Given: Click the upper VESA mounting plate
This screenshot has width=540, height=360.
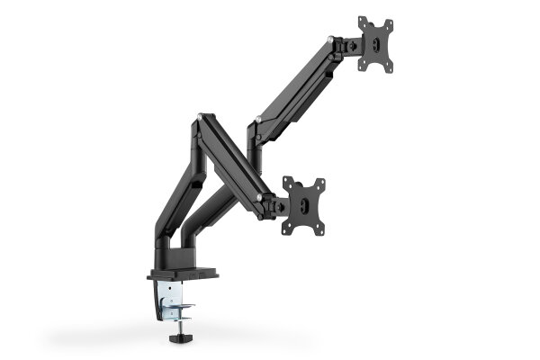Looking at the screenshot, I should [375, 43].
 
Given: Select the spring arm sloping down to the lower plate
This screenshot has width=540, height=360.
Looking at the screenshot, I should [232, 162].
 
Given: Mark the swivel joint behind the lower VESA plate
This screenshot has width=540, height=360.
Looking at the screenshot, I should [274, 204].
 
